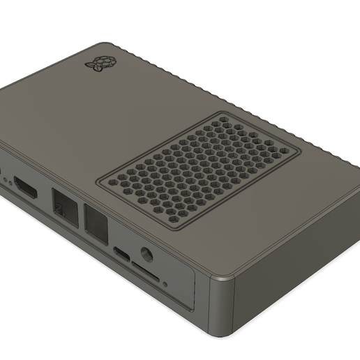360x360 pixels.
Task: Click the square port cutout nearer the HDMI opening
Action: [x=65, y=207]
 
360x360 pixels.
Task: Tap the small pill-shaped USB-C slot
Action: [x=121, y=254]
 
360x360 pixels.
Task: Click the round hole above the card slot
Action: [x=147, y=255]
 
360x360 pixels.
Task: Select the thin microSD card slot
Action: [x=144, y=272]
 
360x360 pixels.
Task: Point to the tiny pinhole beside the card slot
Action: [x=165, y=283]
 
